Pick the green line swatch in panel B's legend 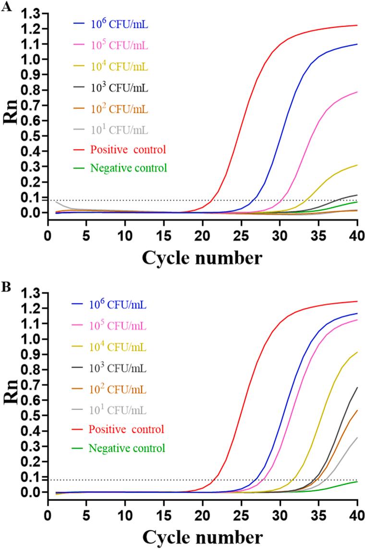(79, 448)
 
